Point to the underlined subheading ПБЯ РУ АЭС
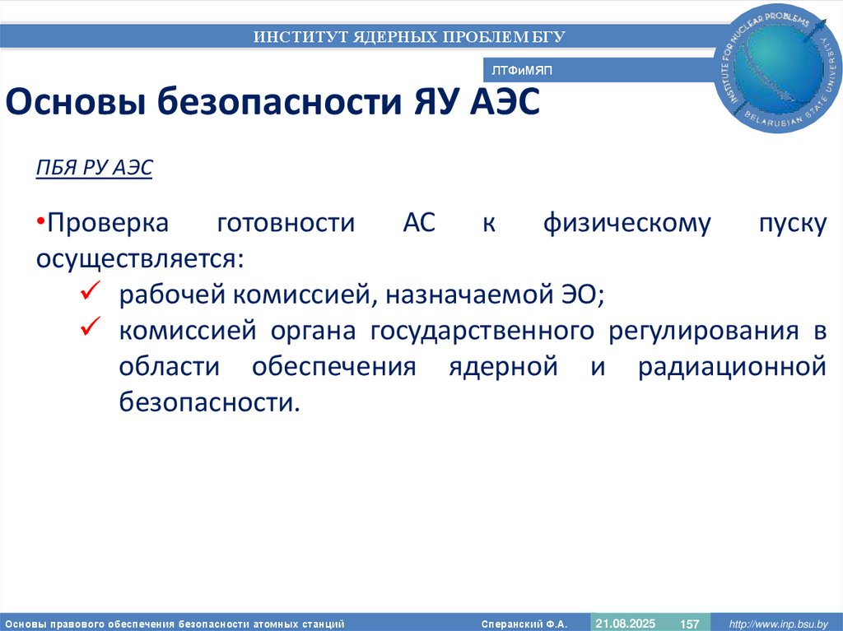(94, 167)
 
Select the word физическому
(626, 223)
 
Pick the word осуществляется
(139, 258)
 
